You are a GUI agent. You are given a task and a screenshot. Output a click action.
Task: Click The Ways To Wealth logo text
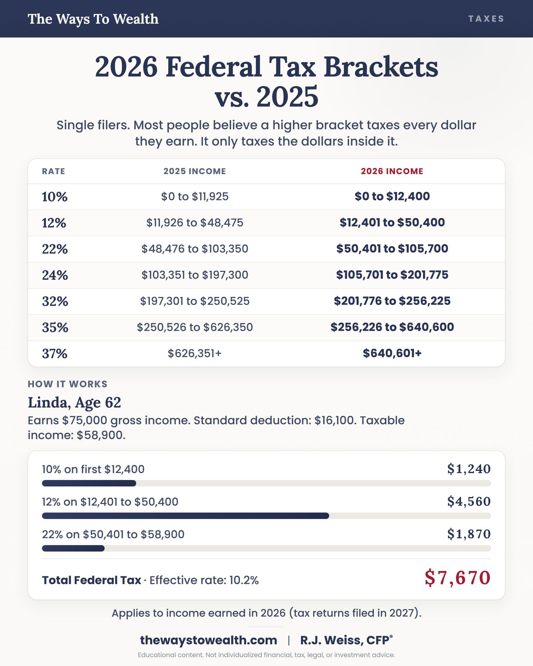93,19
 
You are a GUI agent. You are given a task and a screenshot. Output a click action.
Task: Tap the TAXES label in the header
486,19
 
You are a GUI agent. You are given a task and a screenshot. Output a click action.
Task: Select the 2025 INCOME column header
195,171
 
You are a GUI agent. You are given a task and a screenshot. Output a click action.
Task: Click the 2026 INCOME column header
392,171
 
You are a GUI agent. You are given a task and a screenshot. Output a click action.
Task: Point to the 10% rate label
54,197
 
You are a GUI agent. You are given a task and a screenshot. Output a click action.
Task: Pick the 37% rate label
54,353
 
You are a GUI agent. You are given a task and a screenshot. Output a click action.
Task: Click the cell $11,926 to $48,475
195,223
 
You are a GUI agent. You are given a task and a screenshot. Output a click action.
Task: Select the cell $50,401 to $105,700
392,249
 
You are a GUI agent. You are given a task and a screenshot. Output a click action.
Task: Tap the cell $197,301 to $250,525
195,301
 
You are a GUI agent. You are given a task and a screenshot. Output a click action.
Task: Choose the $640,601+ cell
392,353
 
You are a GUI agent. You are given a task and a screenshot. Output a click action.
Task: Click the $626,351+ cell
195,353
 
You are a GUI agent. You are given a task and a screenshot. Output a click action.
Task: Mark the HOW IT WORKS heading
68,384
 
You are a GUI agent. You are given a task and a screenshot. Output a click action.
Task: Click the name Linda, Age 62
74,402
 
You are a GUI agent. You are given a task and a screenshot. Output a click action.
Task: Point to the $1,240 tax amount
469,469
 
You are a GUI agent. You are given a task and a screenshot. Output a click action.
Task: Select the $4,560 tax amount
469,502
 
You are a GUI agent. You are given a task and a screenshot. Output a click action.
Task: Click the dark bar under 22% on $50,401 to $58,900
73,548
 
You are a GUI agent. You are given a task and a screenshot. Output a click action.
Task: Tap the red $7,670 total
458,578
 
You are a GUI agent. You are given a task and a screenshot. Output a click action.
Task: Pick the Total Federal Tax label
92,580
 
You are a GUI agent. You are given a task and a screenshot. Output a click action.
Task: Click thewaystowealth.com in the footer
209,640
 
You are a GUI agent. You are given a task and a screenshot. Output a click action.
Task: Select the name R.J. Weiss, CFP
346,640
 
